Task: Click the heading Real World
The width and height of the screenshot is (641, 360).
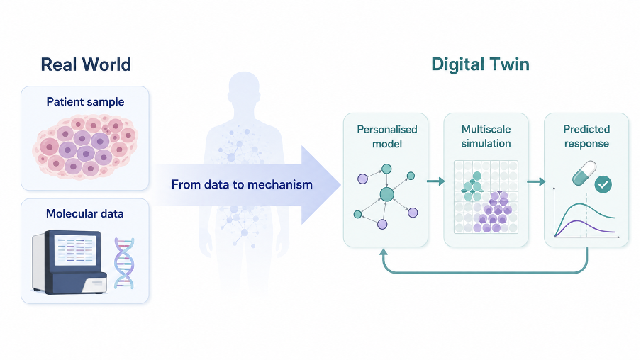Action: click(x=86, y=64)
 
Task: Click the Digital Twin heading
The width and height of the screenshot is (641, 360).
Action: click(x=480, y=64)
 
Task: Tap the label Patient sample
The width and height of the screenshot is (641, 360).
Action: click(x=85, y=102)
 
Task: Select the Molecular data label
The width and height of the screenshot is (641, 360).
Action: click(x=84, y=214)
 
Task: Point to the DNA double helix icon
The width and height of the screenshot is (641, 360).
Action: click(x=124, y=264)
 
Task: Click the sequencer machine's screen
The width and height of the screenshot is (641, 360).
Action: click(x=76, y=249)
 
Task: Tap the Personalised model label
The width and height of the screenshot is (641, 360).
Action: click(x=387, y=137)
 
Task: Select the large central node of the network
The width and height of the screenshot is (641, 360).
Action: click(x=386, y=194)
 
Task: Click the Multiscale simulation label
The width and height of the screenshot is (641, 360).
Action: click(x=486, y=137)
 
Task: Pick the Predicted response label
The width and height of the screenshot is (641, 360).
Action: click(x=586, y=137)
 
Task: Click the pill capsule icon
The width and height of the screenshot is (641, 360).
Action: click(x=584, y=173)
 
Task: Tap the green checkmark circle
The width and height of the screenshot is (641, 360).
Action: click(x=603, y=185)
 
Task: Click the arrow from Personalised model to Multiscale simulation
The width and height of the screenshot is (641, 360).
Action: click(x=436, y=181)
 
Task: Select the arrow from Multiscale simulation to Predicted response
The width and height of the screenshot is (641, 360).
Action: click(x=536, y=181)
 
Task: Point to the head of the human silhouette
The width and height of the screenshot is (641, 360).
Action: click(x=244, y=86)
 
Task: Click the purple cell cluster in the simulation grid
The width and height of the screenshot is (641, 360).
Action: click(x=493, y=212)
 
